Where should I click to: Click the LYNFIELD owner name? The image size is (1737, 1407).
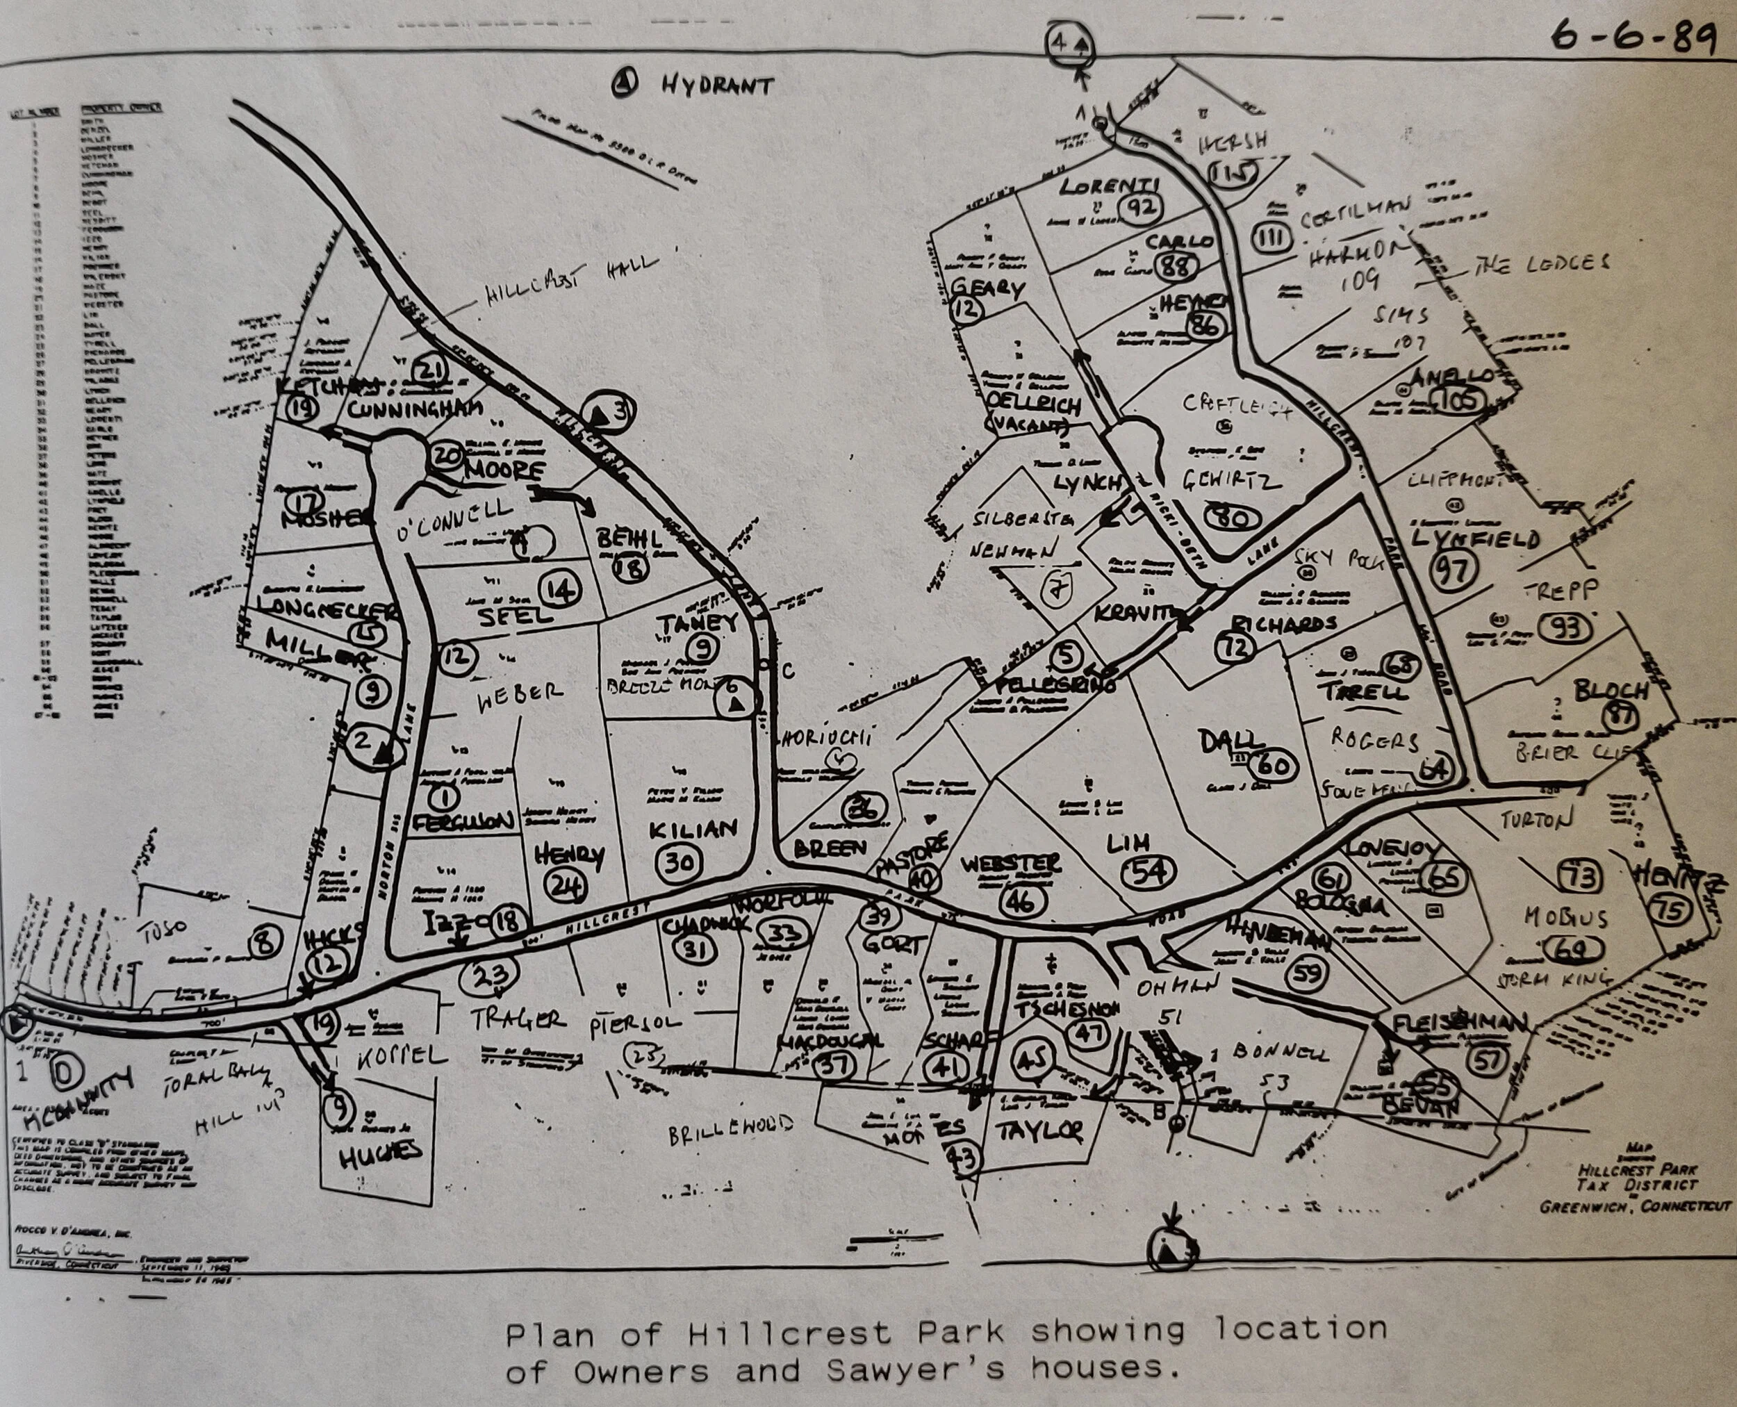coord(1475,539)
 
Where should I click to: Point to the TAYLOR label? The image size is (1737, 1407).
coord(1042,1130)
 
